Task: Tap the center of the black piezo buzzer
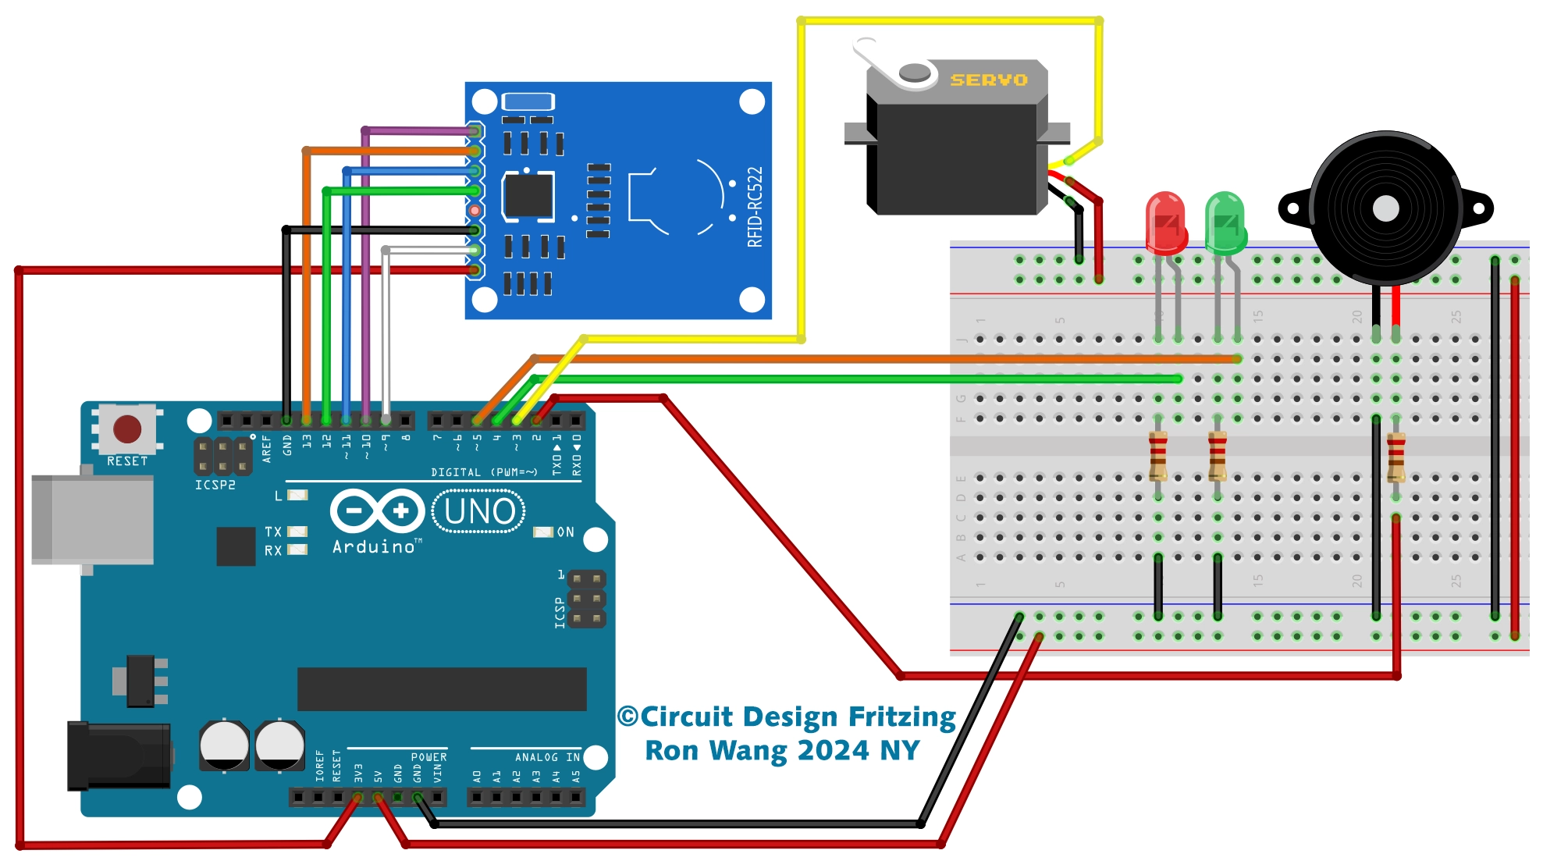click(x=1385, y=208)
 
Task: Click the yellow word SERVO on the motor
click(x=988, y=80)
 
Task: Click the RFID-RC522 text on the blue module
click(x=754, y=207)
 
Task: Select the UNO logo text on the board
click(x=478, y=511)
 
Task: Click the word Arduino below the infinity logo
click(x=374, y=547)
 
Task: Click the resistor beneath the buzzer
click(x=1395, y=458)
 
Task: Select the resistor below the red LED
click(x=1157, y=457)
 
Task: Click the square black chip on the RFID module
click(x=528, y=195)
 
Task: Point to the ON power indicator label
click(x=565, y=532)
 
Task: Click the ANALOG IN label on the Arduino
click(x=547, y=757)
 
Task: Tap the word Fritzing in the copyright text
click(x=901, y=717)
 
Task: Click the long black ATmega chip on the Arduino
click(x=442, y=688)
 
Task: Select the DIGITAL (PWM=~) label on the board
click(x=484, y=472)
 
